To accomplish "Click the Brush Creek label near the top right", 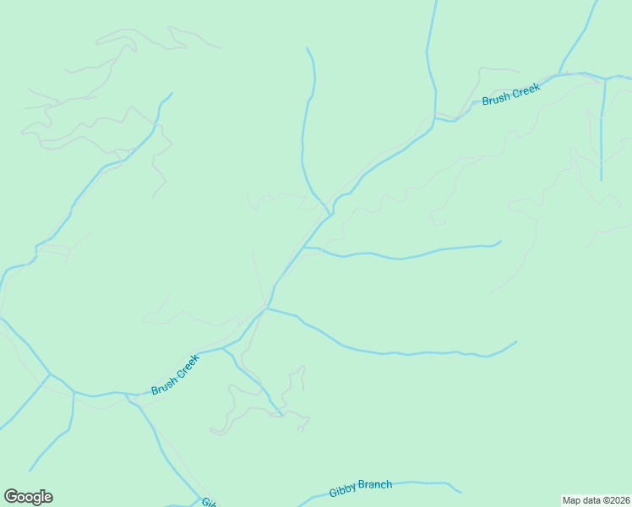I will pos(510,94).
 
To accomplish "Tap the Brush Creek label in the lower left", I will pos(176,374).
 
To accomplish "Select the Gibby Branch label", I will pos(361,488).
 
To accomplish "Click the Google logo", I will pos(28,497).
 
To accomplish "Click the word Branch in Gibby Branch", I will pos(375,485).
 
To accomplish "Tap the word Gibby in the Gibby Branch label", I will pos(342,491).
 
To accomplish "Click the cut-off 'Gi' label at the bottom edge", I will pos(208,502).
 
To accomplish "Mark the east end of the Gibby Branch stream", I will pos(461,491).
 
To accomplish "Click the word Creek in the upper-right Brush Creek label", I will pos(526,89).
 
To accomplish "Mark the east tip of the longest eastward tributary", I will pos(516,342).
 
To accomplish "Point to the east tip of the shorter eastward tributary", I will pos(501,242).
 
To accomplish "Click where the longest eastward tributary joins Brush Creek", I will pos(267,308).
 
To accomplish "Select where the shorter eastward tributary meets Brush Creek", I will pos(305,248).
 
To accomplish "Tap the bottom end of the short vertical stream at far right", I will pos(601,179).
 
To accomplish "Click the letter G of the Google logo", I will pos(10,496).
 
